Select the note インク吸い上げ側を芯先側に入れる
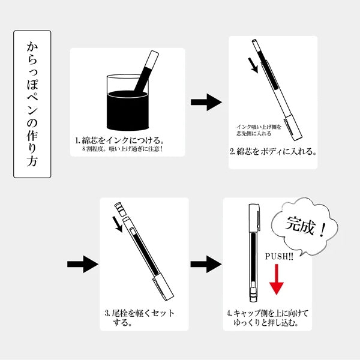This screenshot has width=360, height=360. point(259,130)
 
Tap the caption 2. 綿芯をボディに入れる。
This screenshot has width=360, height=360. point(273,151)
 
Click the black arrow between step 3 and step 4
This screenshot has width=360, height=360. point(202,263)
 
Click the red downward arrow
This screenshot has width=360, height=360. point(277,279)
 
